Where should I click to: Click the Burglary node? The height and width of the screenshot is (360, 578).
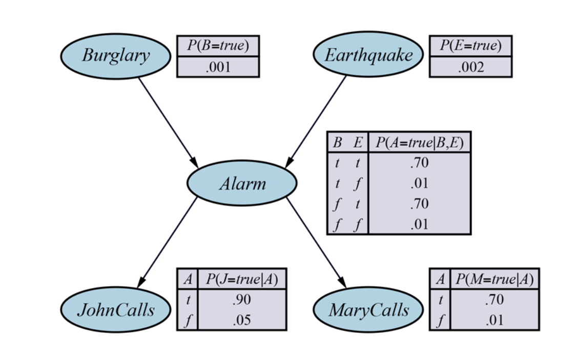[x=115, y=56]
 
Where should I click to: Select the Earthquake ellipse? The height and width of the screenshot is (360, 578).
[x=368, y=54]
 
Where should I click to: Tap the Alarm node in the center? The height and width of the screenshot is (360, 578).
[x=242, y=183]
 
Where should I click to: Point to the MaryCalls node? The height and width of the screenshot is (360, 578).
[x=368, y=310]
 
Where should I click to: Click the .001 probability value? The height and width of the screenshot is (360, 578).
[x=218, y=67]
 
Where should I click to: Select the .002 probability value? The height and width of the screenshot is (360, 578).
[x=470, y=67]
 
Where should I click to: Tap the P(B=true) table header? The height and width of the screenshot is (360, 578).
[x=218, y=46]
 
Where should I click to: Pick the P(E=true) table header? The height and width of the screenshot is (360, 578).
[x=470, y=46]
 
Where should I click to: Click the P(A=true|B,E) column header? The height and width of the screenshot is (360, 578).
[x=419, y=142]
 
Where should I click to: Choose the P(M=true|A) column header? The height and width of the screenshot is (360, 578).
[x=494, y=279]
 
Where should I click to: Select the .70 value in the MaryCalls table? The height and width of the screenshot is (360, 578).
[x=494, y=300]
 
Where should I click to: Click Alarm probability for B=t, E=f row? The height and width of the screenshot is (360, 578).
[x=419, y=184]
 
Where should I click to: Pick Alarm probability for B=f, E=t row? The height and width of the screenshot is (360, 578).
[x=419, y=204]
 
